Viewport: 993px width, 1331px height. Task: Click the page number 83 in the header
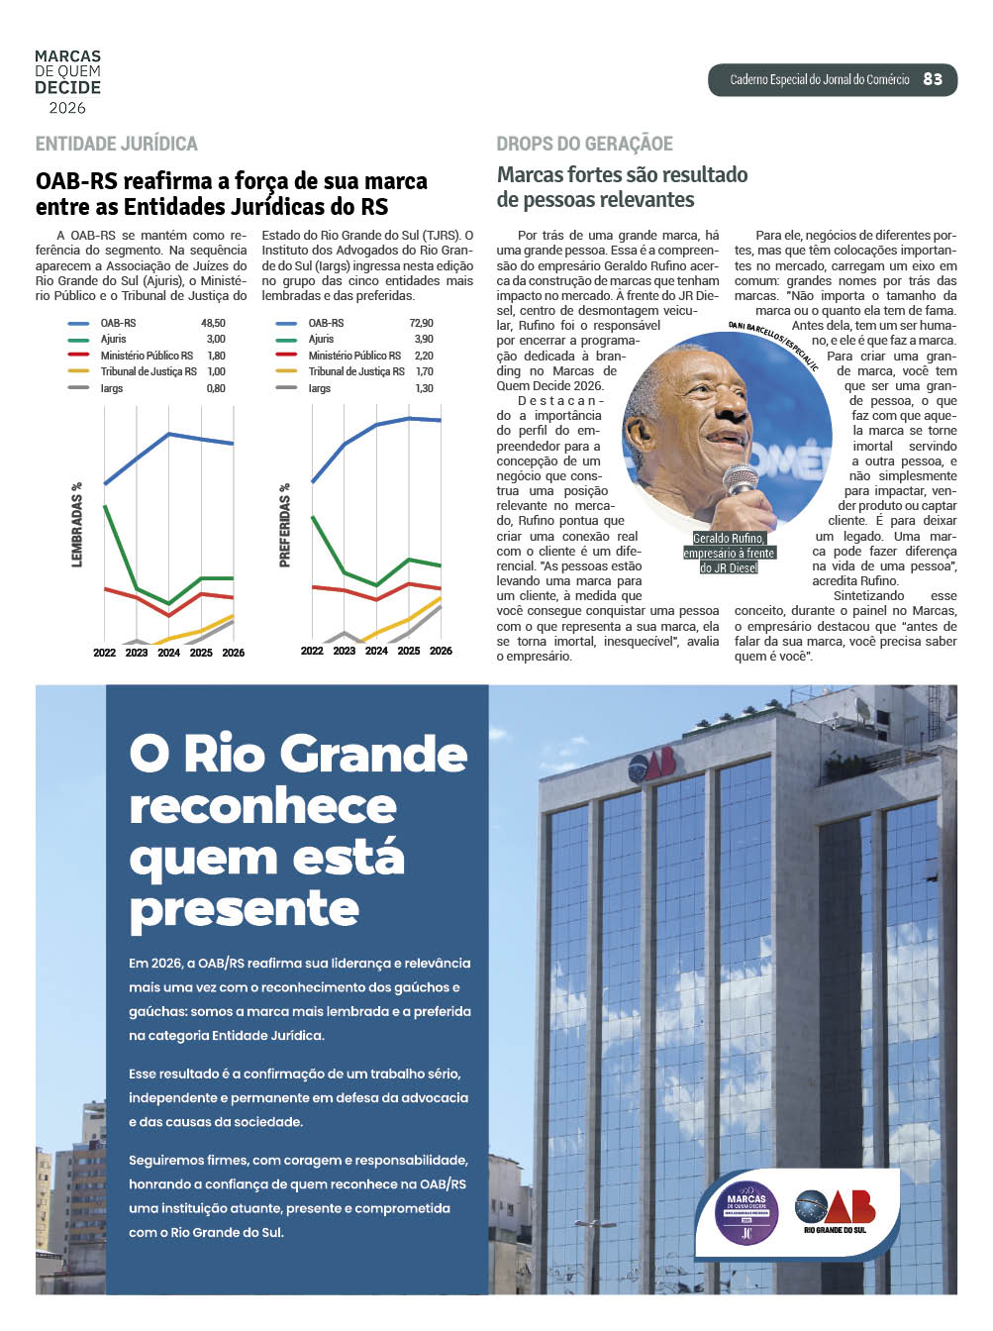(x=933, y=79)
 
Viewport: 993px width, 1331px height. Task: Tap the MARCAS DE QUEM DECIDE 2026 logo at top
(x=67, y=82)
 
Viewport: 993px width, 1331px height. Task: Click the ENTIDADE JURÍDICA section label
(x=117, y=144)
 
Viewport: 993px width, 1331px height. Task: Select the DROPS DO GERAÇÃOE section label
(x=584, y=144)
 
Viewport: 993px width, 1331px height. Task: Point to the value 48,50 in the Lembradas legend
(x=213, y=323)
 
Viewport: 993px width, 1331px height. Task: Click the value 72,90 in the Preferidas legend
(x=421, y=323)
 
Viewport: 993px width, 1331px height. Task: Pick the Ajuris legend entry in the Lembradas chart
(x=113, y=339)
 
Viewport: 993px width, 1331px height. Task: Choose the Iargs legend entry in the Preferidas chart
(x=319, y=388)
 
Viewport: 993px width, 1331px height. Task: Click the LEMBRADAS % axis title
(x=77, y=525)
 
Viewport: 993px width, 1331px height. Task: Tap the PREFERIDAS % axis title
(x=285, y=525)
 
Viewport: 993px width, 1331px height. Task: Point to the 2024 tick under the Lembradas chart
(x=169, y=653)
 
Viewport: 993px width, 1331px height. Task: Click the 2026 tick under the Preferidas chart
(x=441, y=651)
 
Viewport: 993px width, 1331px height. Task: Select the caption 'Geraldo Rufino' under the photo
(x=728, y=539)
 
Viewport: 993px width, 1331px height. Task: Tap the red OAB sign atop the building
(x=651, y=763)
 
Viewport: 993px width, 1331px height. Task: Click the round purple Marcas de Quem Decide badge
(x=746, y=1212)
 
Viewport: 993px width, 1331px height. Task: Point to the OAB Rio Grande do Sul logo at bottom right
(x=835, y=1210)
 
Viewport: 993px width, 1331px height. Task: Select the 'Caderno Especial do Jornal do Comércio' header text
(x=819, y=79)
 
